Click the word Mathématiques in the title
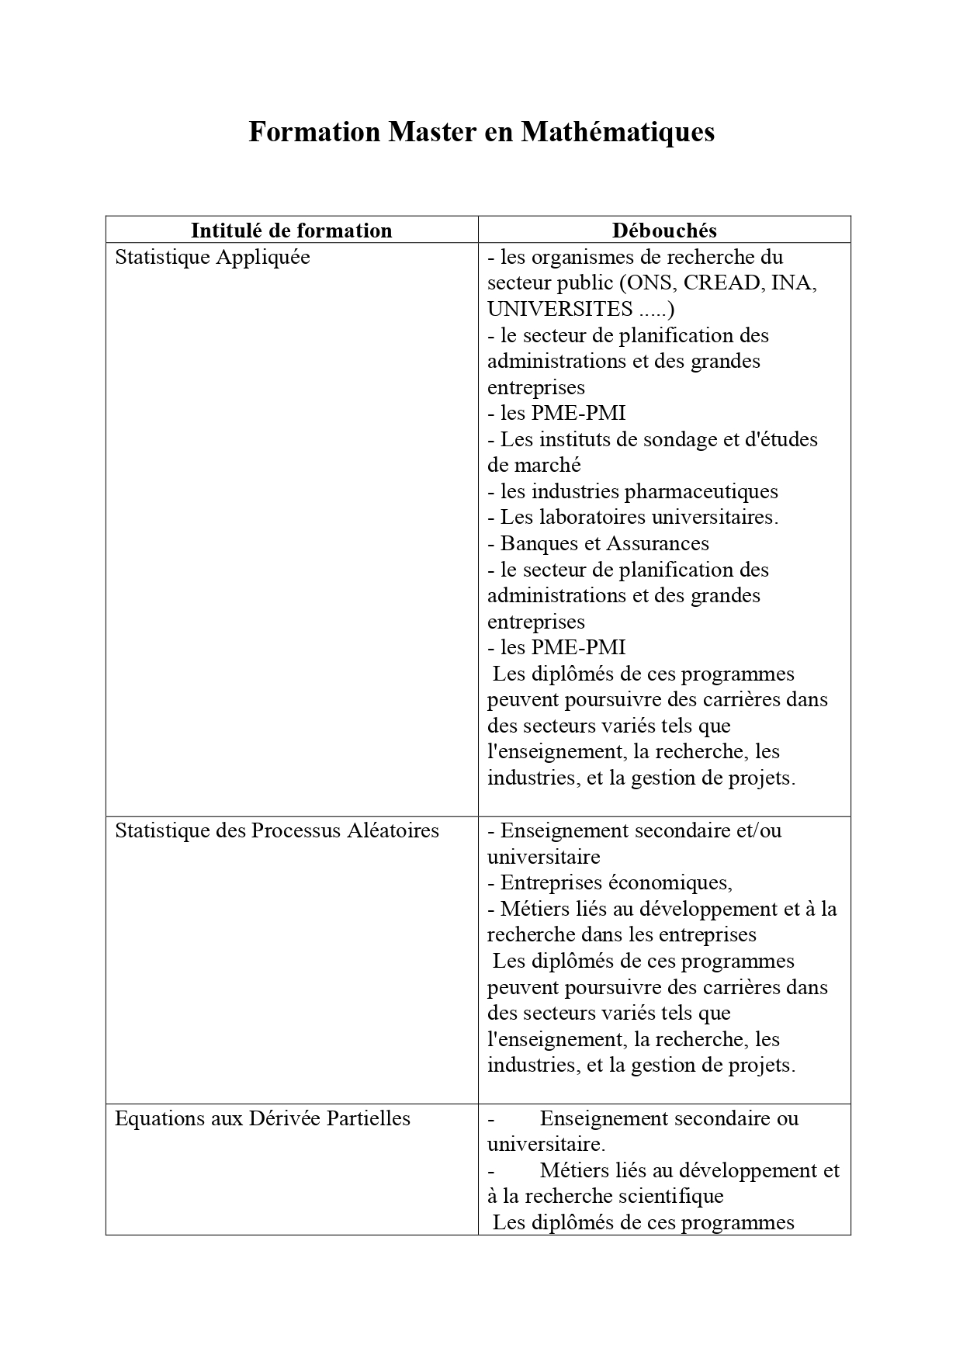[618, 132]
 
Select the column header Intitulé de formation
[292, 230]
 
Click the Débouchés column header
[664, 230]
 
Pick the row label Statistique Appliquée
[212, 257]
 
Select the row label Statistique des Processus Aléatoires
[277, 830]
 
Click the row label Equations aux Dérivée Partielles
[262, 1118]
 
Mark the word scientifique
[666, 1196]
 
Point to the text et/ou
[757, 830]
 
